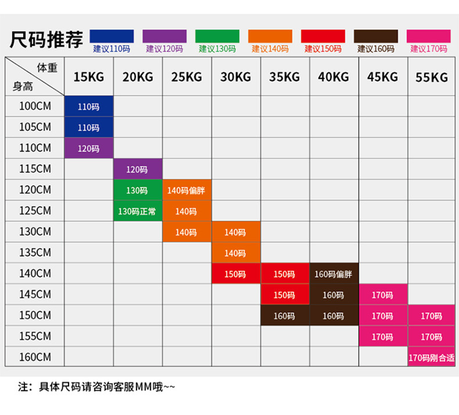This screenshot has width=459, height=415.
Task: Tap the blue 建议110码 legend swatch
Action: click(x=112, y=36)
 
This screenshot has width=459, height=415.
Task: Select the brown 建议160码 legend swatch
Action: click(x=376, y=36)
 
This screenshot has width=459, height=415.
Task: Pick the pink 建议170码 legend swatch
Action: click(x=429, y=36)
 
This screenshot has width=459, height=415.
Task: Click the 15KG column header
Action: click(x=88, y=77)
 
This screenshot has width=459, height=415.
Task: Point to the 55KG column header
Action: click(x=431, y=77)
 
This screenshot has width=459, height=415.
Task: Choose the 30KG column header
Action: click(x=235, y=77)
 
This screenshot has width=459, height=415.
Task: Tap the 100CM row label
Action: click(x=35, y=106)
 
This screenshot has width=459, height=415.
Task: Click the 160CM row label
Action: click(x=35, y=357)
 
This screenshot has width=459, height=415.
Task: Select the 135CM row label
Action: click(x=35, y=253)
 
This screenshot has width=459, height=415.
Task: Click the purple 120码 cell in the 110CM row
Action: click(x=88, y=149)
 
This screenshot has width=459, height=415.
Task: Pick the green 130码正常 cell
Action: click(x=137, y=212)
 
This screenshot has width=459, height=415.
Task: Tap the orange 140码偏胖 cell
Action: click(x=186, y=191)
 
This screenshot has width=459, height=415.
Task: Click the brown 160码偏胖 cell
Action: click(x=333, y=274)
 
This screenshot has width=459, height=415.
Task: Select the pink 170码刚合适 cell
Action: click(x=431, y=357)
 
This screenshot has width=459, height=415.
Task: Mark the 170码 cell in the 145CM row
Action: click(x=382, y=295)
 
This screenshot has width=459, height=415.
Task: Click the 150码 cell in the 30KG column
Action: click(x=235, y=274)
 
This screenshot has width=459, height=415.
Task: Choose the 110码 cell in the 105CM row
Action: click(x=88, y=128)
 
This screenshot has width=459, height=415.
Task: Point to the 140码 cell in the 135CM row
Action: click(x=235, y=253)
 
